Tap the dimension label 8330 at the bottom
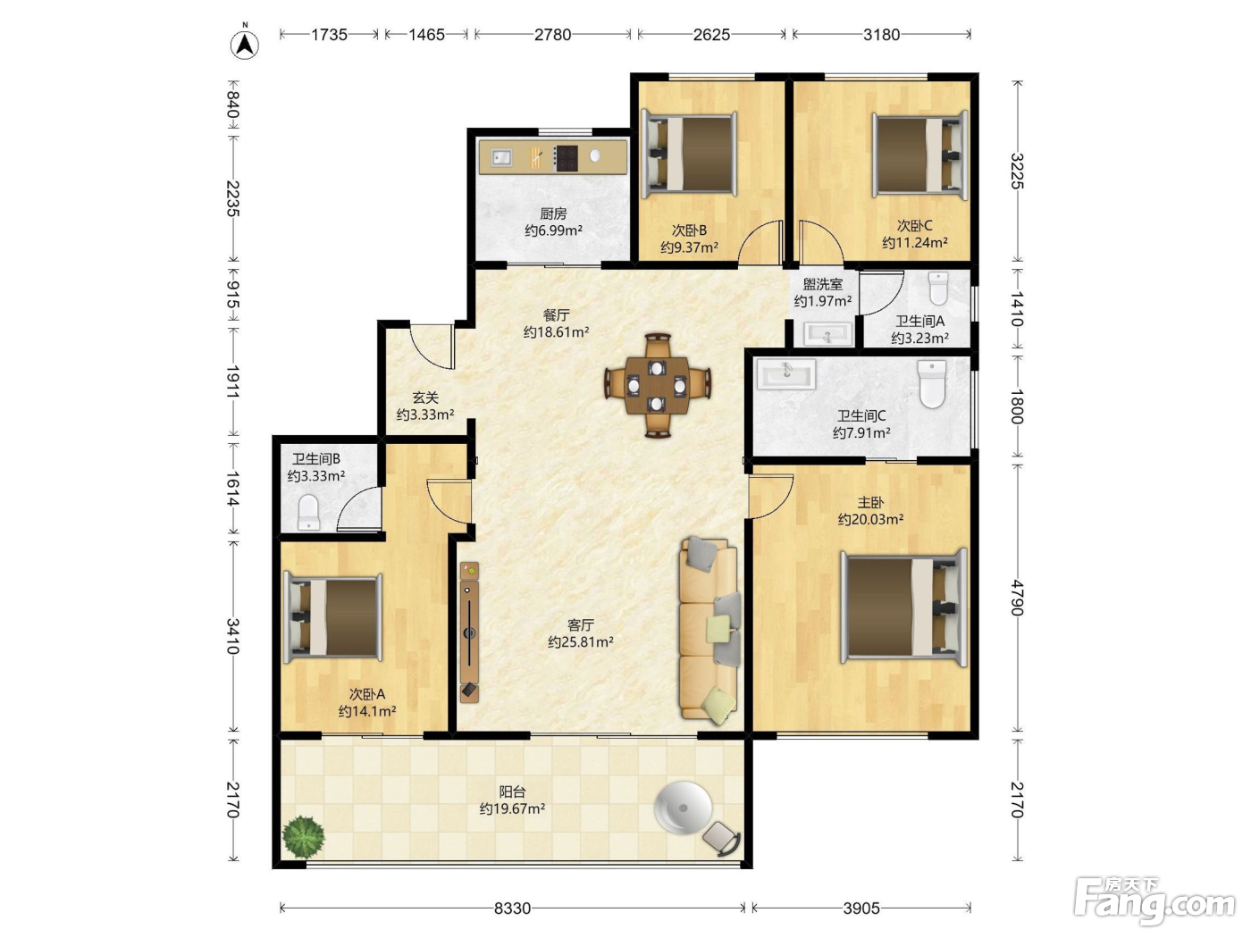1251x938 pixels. [512, 908]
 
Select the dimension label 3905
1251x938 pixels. [861, 908]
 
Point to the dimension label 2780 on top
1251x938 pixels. [552, 35]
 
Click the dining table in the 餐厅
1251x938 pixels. [657, 386]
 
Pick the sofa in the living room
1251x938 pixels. [709, 630]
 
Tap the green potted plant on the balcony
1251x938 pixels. [303, 837]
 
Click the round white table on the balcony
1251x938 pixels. [683, 808]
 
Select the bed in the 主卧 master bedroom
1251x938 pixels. [904, 607]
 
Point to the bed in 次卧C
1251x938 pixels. [919, 155]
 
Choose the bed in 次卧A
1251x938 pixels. [332, 618]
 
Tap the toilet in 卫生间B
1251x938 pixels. [309, 512]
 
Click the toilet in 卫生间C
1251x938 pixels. [932, 384]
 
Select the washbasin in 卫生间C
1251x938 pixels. [786, 374]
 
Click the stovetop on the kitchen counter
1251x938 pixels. [566, 158]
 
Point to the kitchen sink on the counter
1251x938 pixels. [501, 157]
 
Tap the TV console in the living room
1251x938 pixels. [469, 632]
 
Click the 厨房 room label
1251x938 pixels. [553, 214]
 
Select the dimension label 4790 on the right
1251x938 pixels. [1017, 598]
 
